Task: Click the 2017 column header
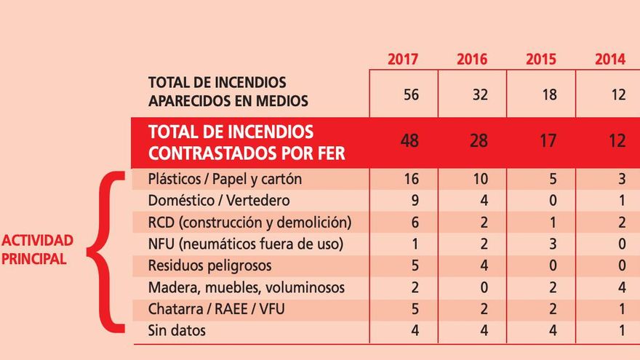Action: click(403, 60)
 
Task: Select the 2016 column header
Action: click(472, 60)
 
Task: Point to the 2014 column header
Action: click(609, 60)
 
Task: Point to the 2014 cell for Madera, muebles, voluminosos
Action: click(621, 288)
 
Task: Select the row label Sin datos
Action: click(177, 331)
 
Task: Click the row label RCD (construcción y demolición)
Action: click(249, 223)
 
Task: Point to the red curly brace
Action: click(105, 252)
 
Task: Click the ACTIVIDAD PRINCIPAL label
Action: click(38, 249)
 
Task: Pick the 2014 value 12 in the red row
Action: click(617, 141)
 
